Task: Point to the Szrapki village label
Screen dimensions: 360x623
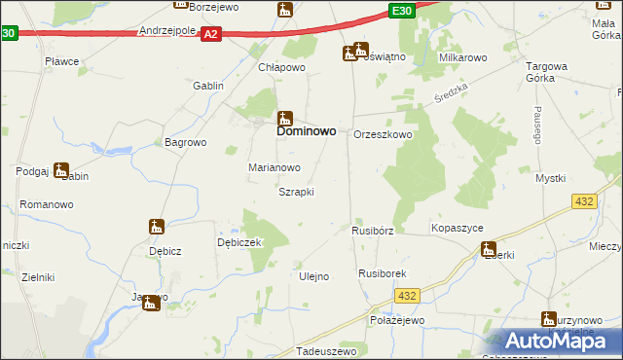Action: (296, 192)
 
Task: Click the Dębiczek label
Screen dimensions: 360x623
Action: (239, 242)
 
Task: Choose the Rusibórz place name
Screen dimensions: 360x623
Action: (372, 232)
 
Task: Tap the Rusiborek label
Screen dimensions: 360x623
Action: (382, 275)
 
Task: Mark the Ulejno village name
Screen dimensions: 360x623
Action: (312, 276)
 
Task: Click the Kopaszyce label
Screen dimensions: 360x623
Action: (458, 227)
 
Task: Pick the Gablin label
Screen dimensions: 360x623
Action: (208, 86)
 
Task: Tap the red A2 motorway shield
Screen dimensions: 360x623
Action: (210, 34)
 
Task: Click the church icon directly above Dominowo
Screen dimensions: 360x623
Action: (285, 116)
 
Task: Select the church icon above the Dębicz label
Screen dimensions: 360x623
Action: (156, 227)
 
